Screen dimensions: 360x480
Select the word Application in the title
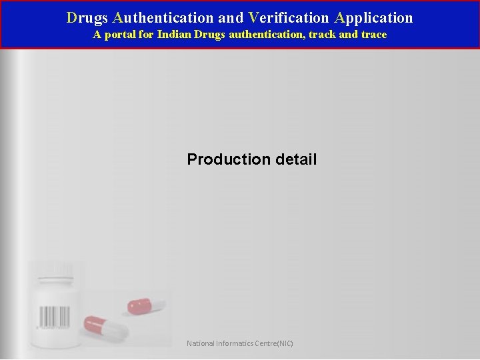coord(374,18)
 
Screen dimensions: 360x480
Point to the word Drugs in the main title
coord(87,18)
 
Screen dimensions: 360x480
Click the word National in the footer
coord(201,344)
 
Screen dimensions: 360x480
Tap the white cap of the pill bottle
coord(55,270)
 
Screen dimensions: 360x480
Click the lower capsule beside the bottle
coord(105,327)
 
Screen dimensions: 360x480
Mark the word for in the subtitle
coord(146,35)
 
